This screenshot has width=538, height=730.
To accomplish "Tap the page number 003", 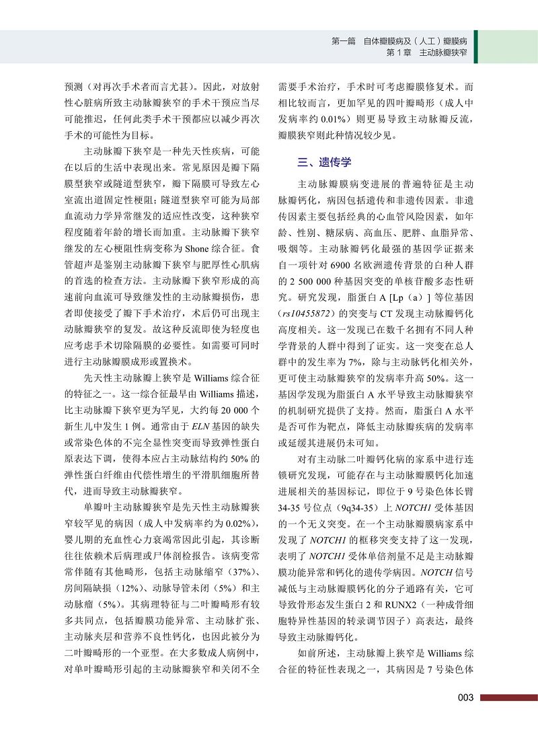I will click(467, 698).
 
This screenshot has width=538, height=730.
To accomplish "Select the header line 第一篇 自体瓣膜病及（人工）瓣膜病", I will click(399, 41).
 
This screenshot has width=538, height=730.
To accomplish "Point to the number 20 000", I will click(236, 409).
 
